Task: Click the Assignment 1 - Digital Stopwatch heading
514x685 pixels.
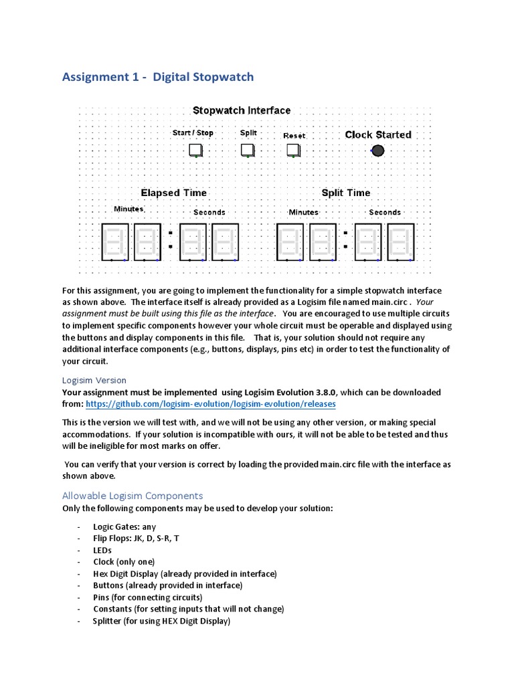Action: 158,77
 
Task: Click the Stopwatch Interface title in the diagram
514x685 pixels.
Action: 242,110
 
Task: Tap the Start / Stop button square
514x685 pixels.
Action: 195,151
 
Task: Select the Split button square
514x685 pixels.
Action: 248,150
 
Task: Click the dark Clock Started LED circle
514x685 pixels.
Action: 377,151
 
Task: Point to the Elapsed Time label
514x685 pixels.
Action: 173,193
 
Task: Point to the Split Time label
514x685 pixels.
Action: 345,193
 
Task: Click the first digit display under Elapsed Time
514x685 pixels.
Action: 114,241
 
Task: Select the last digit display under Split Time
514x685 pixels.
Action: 400,241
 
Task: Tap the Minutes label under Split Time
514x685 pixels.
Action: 303,212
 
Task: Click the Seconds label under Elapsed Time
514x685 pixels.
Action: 209,212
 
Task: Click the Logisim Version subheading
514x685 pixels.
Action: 94,380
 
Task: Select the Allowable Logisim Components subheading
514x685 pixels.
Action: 132,496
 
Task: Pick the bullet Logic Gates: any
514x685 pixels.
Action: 124,526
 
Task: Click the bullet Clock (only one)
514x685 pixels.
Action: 124,562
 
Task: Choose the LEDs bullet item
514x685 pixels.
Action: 102,550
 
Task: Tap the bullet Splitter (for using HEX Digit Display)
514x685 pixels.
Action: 161,621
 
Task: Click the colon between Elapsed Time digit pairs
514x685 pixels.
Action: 171,239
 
